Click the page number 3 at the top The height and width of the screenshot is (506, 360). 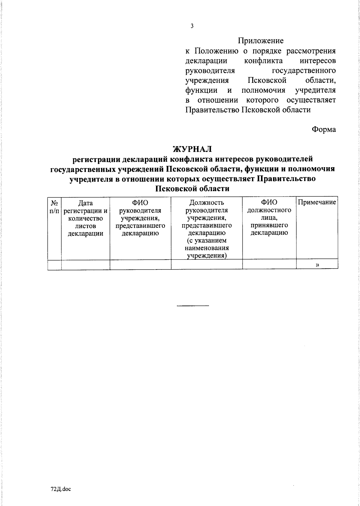pyautogui.click(x=192, y=26)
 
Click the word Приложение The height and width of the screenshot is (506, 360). pyautogui.click(x=260, y=41)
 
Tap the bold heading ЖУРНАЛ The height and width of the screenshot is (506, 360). pyautogui.click(x=192, y=149)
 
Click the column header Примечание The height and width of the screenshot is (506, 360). pyautogui.click(x=317, y=202)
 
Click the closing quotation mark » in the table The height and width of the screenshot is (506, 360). pyautogui.click(x=317, y=264)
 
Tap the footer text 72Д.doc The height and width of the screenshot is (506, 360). pyautogui.click(x=61, y=489)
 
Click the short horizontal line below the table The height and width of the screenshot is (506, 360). pyautogui.click(x=193, y=306)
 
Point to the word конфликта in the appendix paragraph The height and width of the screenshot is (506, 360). pyautogui.click(x=263, y=61)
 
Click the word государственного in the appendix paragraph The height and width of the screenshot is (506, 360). pyautogui.click(x=304, y=71)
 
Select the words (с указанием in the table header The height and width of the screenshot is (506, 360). pyautogui.click(x=206, y=240)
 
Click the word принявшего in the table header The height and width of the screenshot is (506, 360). pyautogui.click(x=269, y=225)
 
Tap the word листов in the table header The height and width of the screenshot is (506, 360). pyautogui.click(x=85, y=226)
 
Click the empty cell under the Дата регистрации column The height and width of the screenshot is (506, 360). pyautogui.click(x=85, y=264)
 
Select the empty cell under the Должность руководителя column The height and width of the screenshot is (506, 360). pyautogui.click(x=206, y=264)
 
